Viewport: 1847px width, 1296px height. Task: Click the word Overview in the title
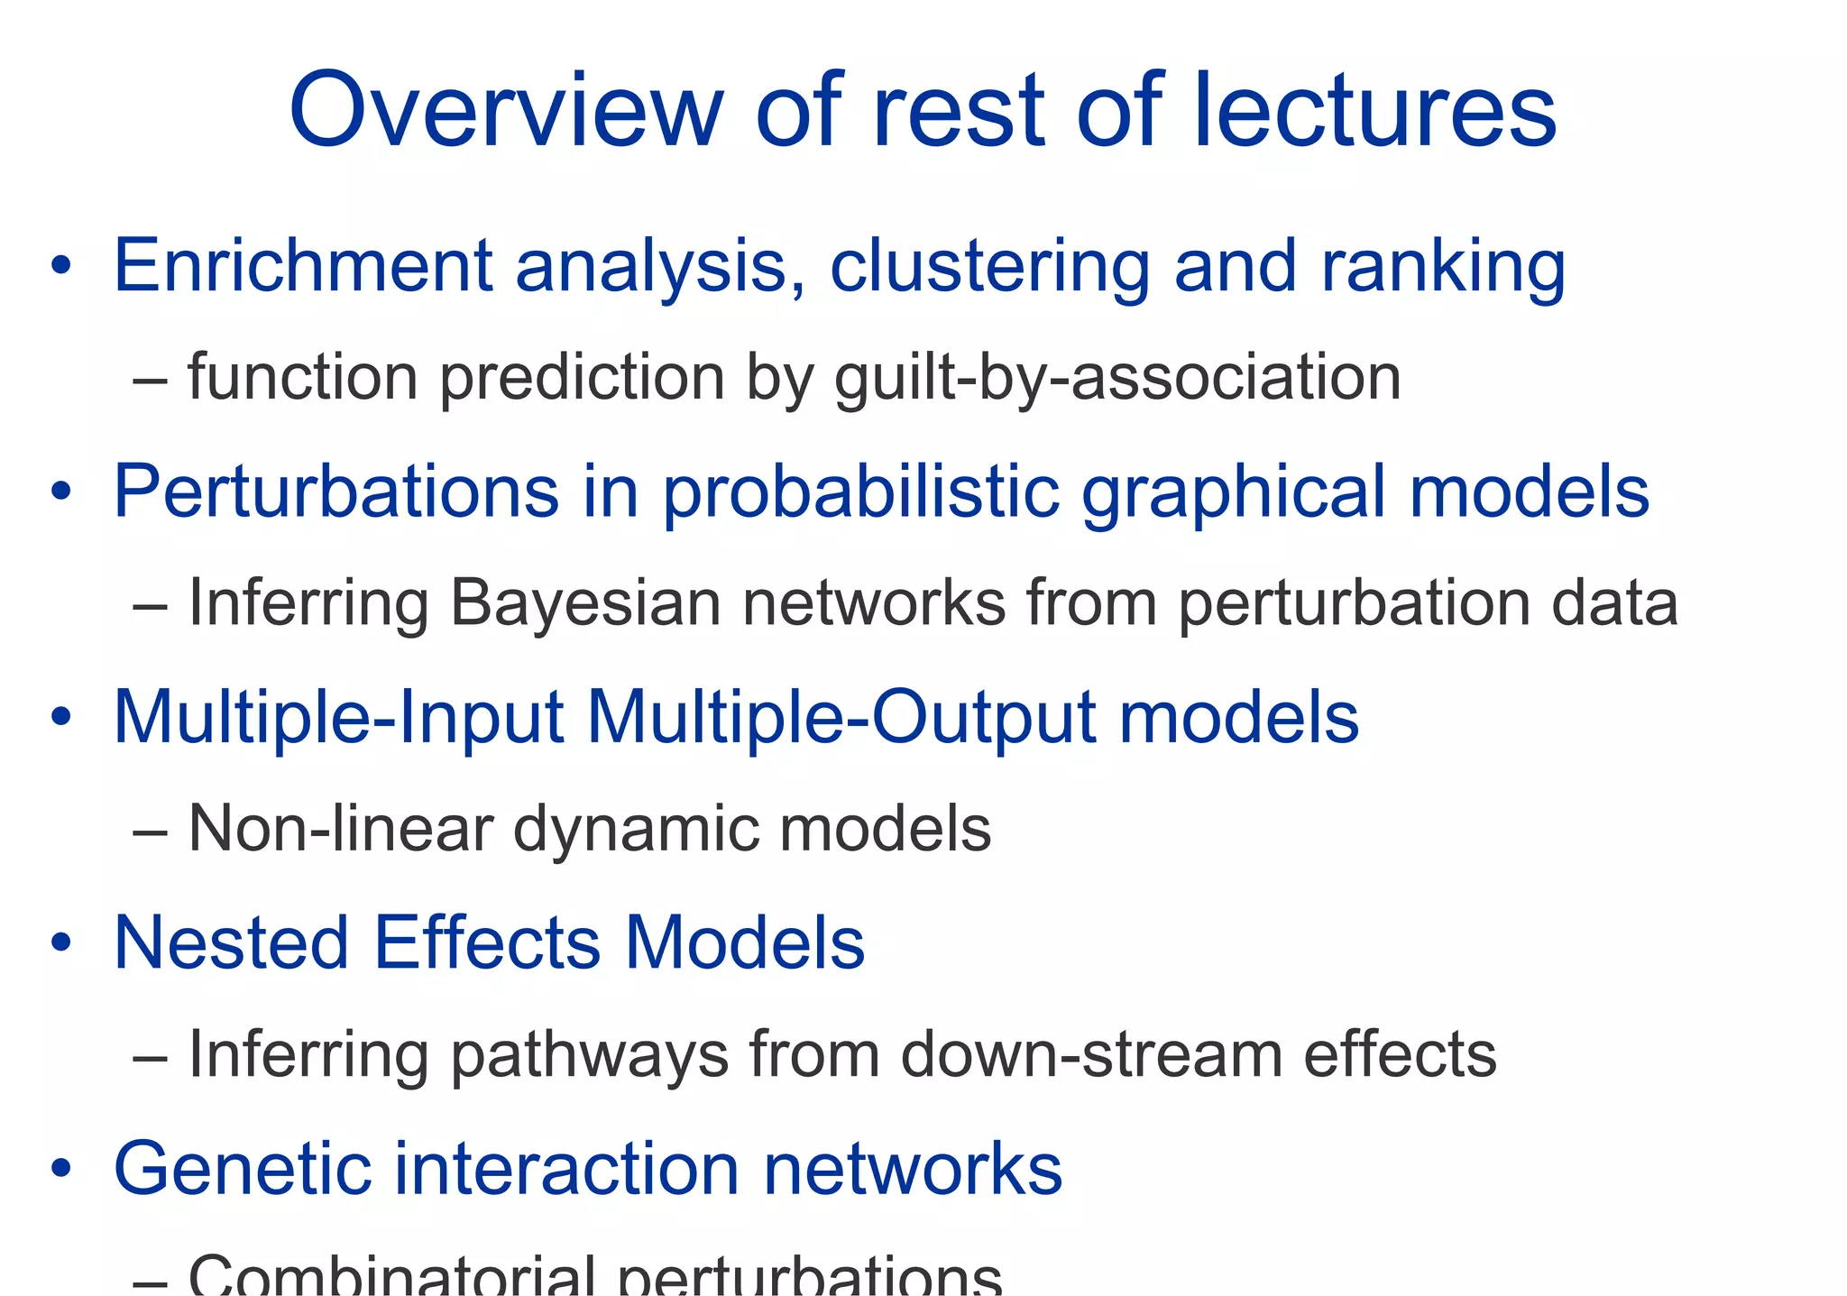pos(505,110)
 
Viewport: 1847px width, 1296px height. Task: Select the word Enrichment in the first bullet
pos(303,266)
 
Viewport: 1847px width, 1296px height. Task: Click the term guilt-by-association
pos(1117,377)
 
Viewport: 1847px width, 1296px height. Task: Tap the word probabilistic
pos(860,492)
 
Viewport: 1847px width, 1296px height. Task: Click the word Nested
pos(231,943)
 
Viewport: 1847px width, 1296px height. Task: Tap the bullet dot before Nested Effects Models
pos(60,943)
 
